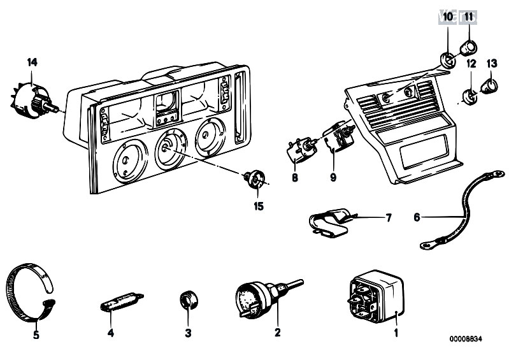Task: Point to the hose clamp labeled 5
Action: (29, 291)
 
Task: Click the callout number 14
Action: (32, 62)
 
